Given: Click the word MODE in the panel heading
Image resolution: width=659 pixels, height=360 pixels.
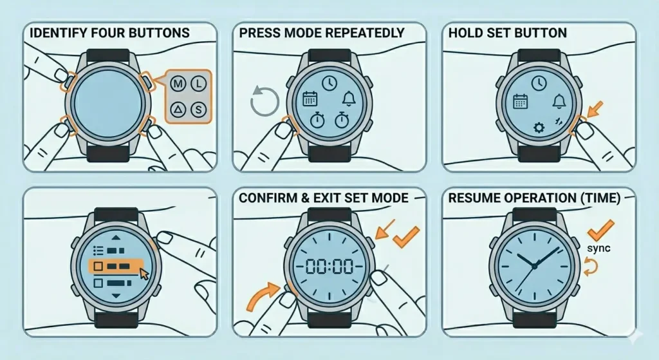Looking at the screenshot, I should [x=298, y=32].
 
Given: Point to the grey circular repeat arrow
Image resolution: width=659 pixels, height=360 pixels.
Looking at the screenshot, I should [x=265, y=102].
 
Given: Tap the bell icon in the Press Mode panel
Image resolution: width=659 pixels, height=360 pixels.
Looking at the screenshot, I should [x=349, y=99].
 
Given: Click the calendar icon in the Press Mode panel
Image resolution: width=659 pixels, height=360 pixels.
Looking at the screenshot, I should [x=310, y=99].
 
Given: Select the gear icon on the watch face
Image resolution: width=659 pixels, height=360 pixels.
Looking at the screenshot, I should [x=539, y=128].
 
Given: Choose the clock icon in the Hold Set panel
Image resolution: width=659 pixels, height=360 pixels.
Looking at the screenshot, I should [x=539, y=82].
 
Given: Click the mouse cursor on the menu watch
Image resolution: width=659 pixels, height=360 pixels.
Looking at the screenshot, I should [x=144, y=273].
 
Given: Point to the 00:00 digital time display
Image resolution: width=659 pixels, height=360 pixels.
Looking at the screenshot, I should [x=328, y=265].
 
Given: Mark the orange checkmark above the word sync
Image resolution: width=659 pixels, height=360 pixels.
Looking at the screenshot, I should [x=600, y=229].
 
